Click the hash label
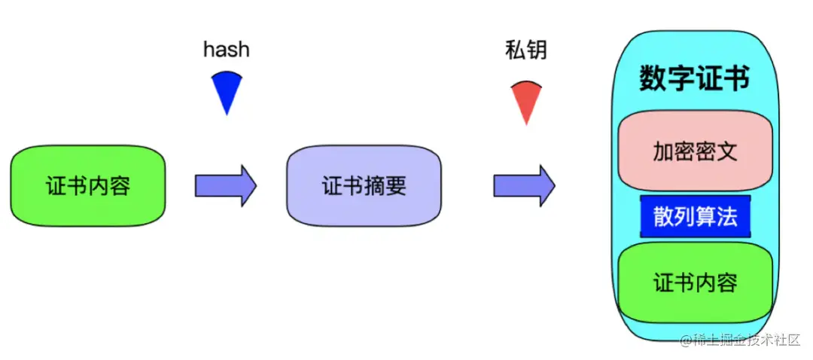click(226, 50)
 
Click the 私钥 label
click(525, 50)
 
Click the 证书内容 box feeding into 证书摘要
click(87, 185)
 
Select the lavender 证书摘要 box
click(364, 186)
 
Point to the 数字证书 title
click(694, 78)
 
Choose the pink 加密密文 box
click(695, 153)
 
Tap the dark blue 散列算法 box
click(695, 217)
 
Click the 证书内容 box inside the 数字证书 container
click(695, 282)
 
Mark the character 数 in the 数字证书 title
click(653, 78)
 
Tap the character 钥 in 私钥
click(536, 50)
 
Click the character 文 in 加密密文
click(726, 153)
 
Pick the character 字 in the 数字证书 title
click(681, 78)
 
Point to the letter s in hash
click(233, 50)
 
